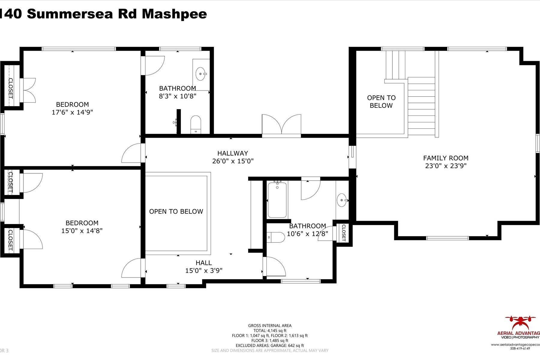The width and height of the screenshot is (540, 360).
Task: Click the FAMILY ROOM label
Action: (445, 158)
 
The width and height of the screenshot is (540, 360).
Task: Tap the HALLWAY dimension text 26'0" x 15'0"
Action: (233, 161)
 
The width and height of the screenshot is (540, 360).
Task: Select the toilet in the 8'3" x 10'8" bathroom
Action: (196, 124)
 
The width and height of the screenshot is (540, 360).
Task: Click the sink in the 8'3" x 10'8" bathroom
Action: (201, 73)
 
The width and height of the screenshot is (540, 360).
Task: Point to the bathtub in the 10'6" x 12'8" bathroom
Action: (277, 199)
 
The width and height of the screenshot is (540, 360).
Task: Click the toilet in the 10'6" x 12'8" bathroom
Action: (275, 237)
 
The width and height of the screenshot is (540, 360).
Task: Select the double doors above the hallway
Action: (281, 125)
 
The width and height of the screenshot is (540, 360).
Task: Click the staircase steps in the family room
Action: (421, 106)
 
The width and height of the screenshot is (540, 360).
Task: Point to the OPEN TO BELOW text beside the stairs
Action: (381, 101)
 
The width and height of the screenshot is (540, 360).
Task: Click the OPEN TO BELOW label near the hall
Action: (176, 211)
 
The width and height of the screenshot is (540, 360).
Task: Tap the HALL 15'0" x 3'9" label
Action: (204, 267)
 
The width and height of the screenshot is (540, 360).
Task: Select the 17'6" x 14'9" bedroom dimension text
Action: (72, 112)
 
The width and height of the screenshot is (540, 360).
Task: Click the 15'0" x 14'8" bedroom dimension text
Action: (82, 231)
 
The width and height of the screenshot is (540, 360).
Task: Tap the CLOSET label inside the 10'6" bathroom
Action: (344, 233)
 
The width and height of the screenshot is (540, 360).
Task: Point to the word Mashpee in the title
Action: (174, 14)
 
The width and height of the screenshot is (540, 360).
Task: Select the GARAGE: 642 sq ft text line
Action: (270, 346)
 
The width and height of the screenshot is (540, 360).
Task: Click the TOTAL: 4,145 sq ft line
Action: (270, 331)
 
